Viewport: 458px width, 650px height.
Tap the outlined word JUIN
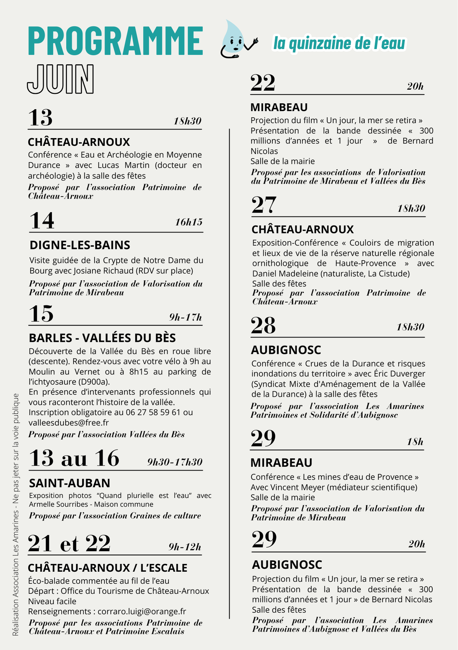[x=60, y=79]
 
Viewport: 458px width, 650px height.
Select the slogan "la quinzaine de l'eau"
[x=339, y=44]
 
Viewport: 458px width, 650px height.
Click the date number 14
[x=42, y=221]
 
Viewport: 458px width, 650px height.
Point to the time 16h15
[x=189, y=222]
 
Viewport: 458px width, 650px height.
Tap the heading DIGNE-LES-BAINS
[x=80, y=245]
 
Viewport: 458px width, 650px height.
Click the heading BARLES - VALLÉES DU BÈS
[x=102, y=338]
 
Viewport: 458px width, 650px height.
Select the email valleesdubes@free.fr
[x=69, y=422]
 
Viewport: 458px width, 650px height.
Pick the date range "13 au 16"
[x=74, y=458]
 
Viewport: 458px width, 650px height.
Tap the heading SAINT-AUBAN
[x=70, y=483]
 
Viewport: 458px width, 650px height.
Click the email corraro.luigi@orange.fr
[x=142, y=611]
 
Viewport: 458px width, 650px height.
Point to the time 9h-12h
[x=185, y=547]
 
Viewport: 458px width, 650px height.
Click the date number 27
[x=264, y=205]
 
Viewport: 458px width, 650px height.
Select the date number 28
[x=263, y=326]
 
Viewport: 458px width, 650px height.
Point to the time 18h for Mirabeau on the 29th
[x=415, y=442]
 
